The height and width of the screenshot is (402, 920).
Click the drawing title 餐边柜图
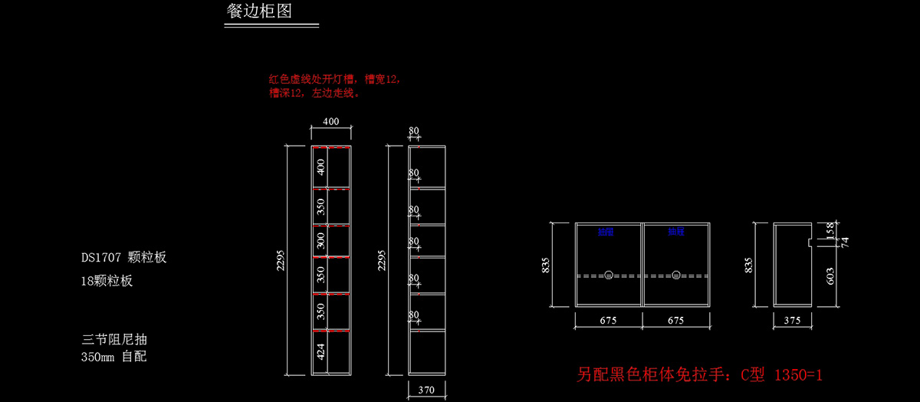(259, 12)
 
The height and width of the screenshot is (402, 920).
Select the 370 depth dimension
(427, 390)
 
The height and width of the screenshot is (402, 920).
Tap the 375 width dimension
(792, 321)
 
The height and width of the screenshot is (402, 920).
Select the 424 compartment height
(320, 352)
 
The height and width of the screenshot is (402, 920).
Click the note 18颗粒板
(107, 281)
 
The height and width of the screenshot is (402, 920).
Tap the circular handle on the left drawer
(609, 275)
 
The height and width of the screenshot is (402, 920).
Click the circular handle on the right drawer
(676, 275)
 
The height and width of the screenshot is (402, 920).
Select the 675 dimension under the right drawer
(676, 321)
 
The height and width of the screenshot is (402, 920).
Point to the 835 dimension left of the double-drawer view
(547, 265)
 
